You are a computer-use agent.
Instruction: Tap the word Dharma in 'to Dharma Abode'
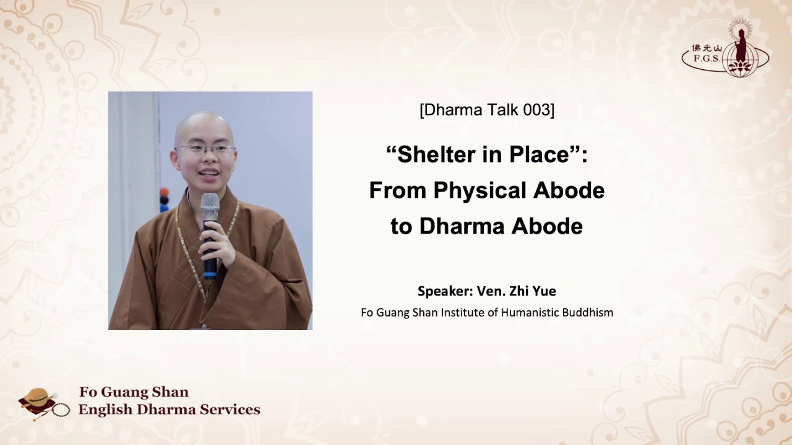(x=462, y=226)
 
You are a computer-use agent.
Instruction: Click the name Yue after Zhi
(x=543, y=291)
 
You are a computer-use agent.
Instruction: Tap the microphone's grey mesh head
(x=210, y=205)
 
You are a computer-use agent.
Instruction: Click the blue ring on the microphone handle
(x=210, y=274)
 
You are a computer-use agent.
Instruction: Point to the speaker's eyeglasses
(x=205, y=150)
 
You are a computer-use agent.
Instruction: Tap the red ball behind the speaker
(x=164, y=192)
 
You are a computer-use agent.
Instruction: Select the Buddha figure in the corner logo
(x=741, y=46)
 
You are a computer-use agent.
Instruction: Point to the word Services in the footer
(x=230, y=410)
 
